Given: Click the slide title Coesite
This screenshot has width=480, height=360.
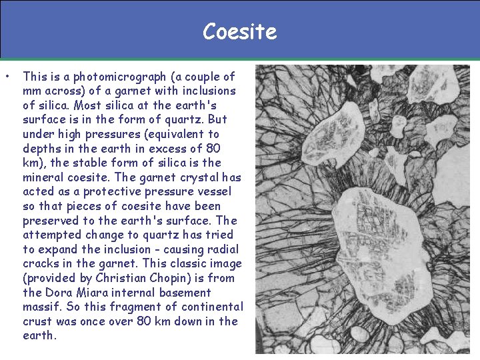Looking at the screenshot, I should [x=239, y=31].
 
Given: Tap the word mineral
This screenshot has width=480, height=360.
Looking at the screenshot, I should [x=43, y=177].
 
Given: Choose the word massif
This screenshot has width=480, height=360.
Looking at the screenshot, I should [x=41, y=307].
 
